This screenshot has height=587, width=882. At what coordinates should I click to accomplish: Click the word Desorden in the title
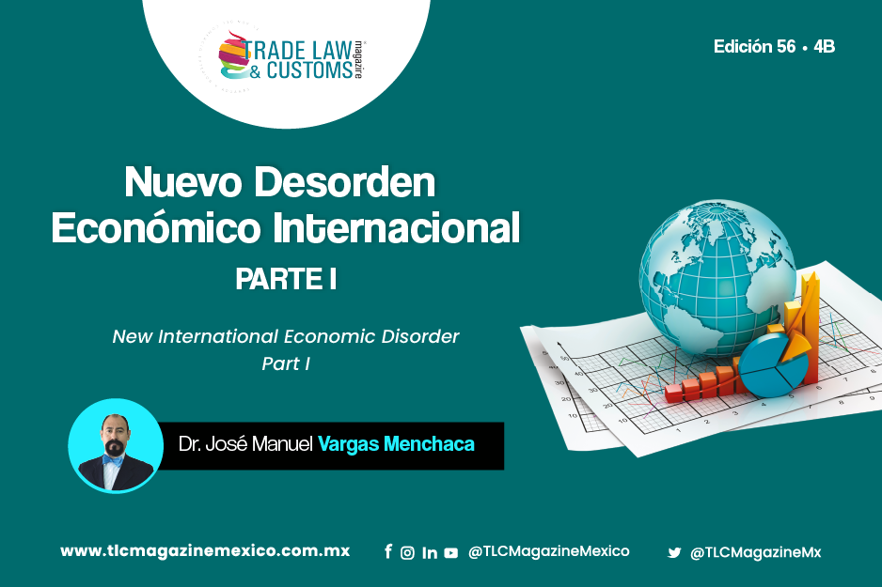pyautogui.click(x=345, y=182)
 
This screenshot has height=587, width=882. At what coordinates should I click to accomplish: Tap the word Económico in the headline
pyautogui.click(x=156, y=228)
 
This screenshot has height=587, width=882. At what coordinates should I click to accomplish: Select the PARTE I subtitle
pyautogui.click(x=286, y=279)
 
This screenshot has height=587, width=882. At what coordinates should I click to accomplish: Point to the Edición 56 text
pyautogui.click(x=755, y=47)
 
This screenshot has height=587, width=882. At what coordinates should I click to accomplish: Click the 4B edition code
pyautogui.click(x=824, y=47)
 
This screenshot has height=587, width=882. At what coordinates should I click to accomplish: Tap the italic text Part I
pyautogui.click(x=286, y=364)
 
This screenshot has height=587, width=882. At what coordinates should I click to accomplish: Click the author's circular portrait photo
pyautogui.click(x=116, y=446)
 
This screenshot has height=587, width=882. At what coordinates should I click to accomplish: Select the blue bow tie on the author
pyautogui.click(x=113, y=459)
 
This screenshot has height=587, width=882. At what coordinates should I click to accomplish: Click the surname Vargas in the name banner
pyautogui.click(x=348, y=444)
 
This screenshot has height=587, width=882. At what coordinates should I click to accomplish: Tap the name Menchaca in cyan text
pyautogui.click(x=429, y=444)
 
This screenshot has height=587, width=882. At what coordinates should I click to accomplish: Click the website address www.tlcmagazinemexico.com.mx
pyautogui.click(x=205, y=551)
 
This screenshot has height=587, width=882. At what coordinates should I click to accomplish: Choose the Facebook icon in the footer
pyautogui.click(x=388, y=551)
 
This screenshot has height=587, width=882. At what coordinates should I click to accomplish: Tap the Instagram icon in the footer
pyautogui.click(x=407, y=553)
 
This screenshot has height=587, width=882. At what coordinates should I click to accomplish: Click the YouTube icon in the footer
pyautogui.click(x=451, y=553)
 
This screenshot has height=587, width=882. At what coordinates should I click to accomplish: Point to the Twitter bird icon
pyautogui.click(x=674, y=553)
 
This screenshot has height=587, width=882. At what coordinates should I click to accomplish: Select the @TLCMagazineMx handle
pyautogui.click(x=755, y=553)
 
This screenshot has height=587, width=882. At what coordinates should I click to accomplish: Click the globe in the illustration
pyautogui.click(x=717, y=278)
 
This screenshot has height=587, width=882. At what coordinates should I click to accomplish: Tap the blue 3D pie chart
pyautogui.click(x=774, y=365)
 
